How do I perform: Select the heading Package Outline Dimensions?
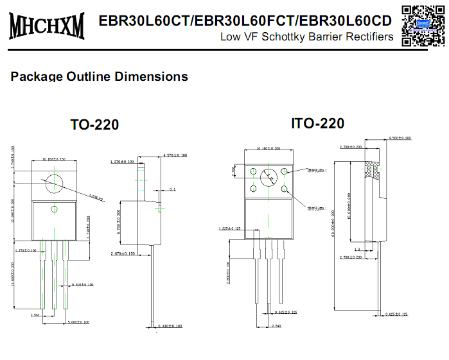[x=100, y=76]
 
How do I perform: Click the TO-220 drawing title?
[x=94, y=124]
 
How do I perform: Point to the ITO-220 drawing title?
[x=317, y=123]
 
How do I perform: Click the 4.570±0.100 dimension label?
[x=175, y=155]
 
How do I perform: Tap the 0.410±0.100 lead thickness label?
[x=169, y=327]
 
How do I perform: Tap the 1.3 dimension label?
[x=357, y=249]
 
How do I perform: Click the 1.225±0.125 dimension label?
[x=230, y=228]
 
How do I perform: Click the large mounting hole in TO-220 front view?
[x=54, y=184]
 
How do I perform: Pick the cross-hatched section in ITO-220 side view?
[x=371, y=169]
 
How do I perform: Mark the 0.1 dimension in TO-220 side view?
[x=172, y=189]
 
